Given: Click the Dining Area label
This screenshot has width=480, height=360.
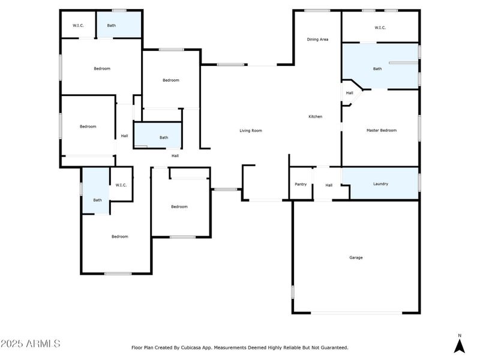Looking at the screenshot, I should tap(317, 40).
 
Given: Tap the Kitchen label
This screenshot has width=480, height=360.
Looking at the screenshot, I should tap(316, 116).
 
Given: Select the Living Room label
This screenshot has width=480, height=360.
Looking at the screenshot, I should tap(251, 131).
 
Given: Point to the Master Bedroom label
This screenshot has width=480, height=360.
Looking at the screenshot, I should tap(382, 130).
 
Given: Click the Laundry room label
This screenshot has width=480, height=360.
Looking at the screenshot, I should tap(380, 184).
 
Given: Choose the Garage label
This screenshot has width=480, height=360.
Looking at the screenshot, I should tap(356, 257).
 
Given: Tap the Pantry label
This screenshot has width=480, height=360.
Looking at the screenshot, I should tap(301, 185).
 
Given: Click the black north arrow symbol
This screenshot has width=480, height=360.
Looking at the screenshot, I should tap(460, 346).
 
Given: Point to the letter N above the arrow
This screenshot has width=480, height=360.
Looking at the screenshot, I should tap(460, 335).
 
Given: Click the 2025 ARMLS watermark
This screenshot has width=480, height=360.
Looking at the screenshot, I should tap(30, 344).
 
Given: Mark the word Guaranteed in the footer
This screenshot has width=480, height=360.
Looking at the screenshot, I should tap(332, 347).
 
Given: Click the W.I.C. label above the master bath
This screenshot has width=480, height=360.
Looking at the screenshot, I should tap(380, 28).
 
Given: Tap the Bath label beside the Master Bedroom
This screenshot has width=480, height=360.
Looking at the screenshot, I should tap(377, 69).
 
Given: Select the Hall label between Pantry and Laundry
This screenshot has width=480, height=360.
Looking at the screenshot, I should tap(329, 185).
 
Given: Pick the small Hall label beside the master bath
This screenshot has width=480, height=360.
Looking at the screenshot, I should tap(349, 93).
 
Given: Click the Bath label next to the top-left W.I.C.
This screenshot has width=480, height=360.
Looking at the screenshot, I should tap(112, 26).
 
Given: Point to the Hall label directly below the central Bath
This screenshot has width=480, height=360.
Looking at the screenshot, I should tap(175, 156).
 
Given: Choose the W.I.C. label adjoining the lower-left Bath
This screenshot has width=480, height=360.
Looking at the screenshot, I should tap(121, 185).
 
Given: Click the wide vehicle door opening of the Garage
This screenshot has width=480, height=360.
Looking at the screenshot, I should tap(356, 312).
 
